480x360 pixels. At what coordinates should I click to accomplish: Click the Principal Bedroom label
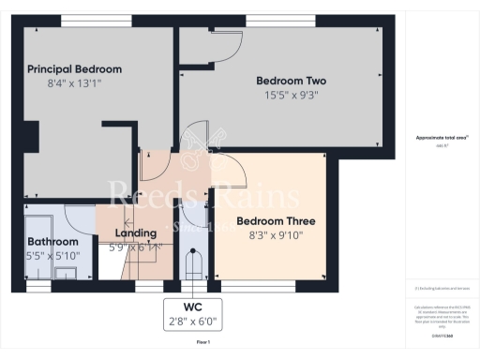(x=74, y=69)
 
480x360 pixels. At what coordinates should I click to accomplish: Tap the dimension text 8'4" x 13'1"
(x=74, y=84)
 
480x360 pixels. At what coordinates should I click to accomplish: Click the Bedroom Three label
(x=276, y=221)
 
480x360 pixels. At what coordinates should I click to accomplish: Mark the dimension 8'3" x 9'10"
(x=276, y=237)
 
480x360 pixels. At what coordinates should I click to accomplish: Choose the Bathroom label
(x=51, y=241)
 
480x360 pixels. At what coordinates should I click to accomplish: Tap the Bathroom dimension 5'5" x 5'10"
(x=52, y=255)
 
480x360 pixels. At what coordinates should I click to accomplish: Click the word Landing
(x=134, y=233)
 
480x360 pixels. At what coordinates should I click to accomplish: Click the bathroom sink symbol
(x=66, y=272)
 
